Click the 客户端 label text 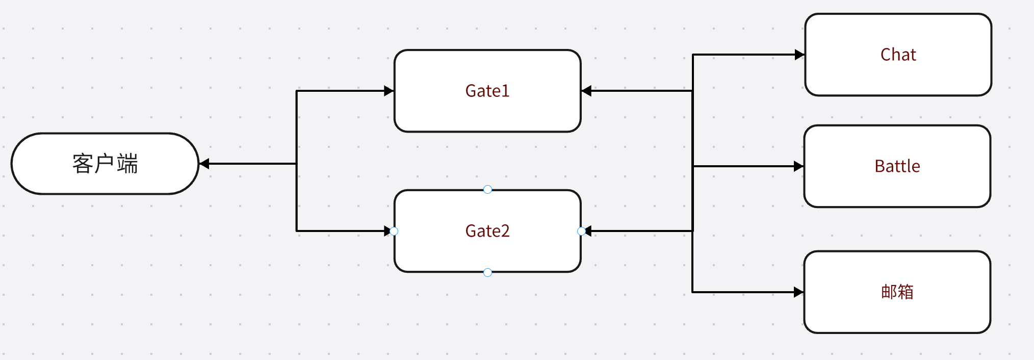[105, 164]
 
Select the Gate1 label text [487, 91]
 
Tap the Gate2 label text [487, 231]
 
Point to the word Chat [898, 55]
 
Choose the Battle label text [897, 166]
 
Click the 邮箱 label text [897, 292]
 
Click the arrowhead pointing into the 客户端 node [204, 164]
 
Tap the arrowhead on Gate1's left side [389, 91]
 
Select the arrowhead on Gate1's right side [586, 91]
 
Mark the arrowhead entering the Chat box [800, 55]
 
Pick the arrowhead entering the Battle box [799, 166]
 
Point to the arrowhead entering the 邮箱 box [799, 292]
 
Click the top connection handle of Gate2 [487, 190]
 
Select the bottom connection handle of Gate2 [487, 273]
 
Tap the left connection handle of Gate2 [394, 231]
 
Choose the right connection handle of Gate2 [581, 231]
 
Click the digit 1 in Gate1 [506, 91]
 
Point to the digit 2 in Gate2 [505, 231]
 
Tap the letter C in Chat [886, 55]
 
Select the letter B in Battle [880, 166]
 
